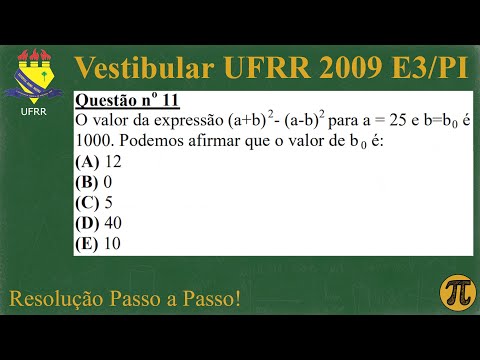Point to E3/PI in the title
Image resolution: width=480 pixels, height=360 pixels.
430,67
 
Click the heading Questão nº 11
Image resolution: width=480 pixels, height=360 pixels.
124,102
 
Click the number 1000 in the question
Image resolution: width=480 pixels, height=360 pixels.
93,141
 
